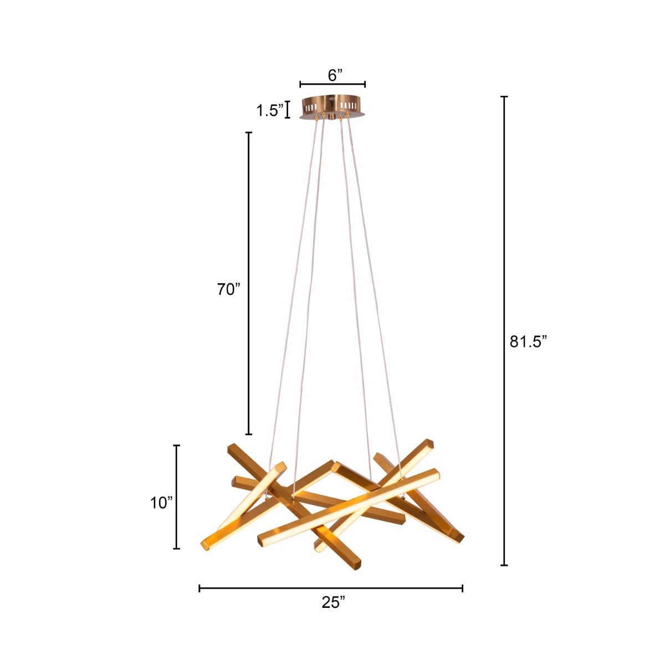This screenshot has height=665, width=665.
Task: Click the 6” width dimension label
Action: tap(335, 75)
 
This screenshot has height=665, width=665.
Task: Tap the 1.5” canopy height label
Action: tap(270, 110)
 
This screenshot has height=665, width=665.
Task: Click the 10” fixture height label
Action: tap(161, 503)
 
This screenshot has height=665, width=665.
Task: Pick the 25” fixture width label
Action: tap(333, 602)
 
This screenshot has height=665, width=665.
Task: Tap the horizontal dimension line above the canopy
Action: tap(332, 84)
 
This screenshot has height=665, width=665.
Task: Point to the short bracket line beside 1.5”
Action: tap(288, 110)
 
